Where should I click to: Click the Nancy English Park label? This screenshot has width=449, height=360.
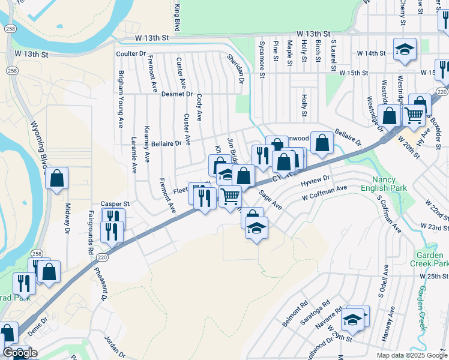(x=388, y=184)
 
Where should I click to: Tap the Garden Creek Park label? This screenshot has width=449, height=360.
(x=429, y=259)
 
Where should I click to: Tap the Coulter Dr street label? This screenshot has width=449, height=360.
(x=131, y=53)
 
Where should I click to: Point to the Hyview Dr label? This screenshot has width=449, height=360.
(x=316, y=179)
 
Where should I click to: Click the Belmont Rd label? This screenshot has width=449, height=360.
(x=295, y=314)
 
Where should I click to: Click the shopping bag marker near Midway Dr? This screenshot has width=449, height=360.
(x=56, y=178)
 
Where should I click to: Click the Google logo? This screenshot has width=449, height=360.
(x=20, y=353)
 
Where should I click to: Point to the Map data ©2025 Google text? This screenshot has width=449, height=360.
(x=411, y=355)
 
